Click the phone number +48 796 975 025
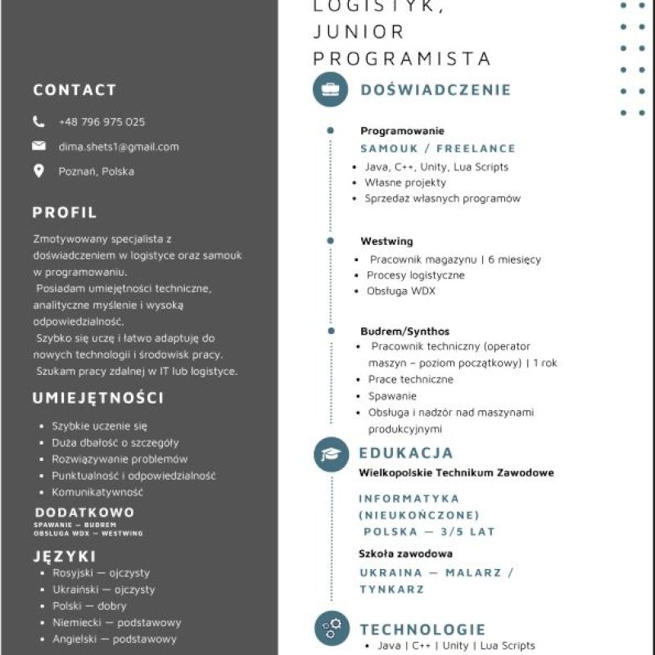tap(102, 122)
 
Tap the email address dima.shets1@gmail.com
tap(119, 147)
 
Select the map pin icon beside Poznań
tap(38, 171)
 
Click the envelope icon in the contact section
tap(38, 147)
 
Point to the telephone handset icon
tap(38, 122)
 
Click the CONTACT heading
tap(75, 90)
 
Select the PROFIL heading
tap(65, 213)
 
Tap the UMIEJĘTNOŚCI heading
tap(98, 399)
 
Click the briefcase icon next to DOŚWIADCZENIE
tap(331, 89)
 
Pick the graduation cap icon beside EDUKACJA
tap(331, 454)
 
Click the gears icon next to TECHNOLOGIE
tap(331, 629)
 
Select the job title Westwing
tap(386, 242)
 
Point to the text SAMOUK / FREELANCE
tap(438, 148)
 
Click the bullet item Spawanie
tap(392, 395)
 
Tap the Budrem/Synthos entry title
tap(404, 332)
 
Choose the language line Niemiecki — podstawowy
tap(117, 622)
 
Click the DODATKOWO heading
tap(84, 513)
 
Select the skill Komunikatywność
tap(97, 492)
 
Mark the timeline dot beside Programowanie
tap(330, 130)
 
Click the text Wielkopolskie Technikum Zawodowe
tap(456, 472)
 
